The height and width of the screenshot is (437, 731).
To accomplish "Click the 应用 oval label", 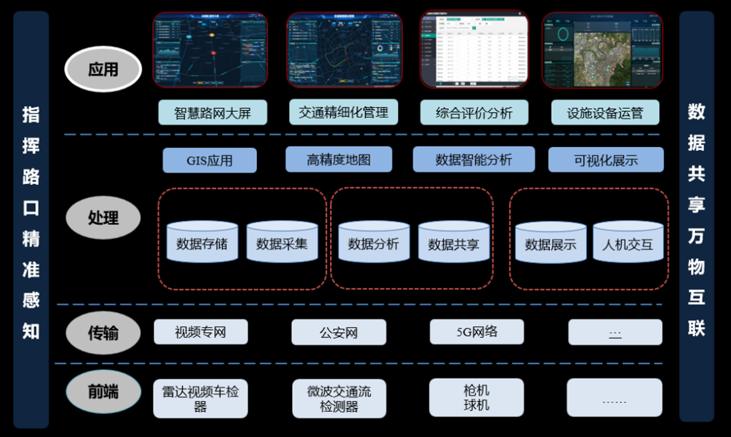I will (103, 69).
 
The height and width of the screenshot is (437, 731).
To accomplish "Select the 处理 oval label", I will (103, 217).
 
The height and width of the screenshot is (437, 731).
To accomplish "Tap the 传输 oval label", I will (103, 333).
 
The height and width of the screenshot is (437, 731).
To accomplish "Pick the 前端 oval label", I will (103, 392).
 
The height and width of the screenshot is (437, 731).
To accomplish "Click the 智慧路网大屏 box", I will (213, 113).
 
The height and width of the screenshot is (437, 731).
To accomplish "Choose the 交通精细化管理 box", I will (343, 112).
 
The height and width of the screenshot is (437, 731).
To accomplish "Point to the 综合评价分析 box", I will (474, 113).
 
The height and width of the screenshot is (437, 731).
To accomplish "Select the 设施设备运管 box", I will (605, 113).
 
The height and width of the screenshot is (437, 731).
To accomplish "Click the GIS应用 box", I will (209, 160).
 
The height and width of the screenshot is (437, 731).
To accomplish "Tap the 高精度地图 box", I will (339, 159).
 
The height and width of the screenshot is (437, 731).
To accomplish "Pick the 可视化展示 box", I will (605, 160).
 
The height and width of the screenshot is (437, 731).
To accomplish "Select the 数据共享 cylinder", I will (454, 243).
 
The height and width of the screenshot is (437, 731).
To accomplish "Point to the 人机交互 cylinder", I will (628, 243).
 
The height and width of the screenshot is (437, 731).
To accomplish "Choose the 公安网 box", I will (339, 332).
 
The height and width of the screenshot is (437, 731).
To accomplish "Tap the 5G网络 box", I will (477, 332).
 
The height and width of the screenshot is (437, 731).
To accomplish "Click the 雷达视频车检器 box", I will (200, 399).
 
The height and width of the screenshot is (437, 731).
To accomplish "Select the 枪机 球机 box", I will (476, 398).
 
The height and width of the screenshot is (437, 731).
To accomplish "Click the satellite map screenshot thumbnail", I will (602, 50).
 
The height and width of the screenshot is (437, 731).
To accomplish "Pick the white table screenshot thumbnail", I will (474, 50).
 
